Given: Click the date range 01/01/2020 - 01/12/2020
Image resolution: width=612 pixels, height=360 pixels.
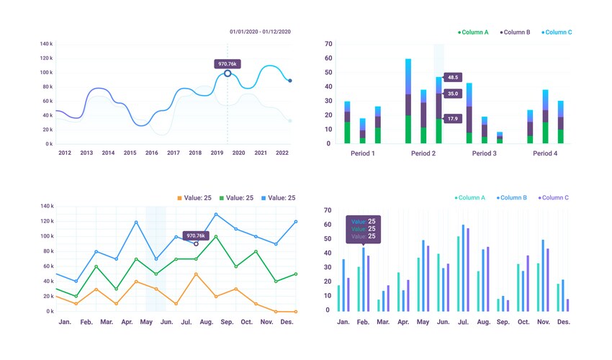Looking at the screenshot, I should coord(260,32).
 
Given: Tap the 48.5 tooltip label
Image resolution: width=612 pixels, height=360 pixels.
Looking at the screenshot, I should coord(453,77).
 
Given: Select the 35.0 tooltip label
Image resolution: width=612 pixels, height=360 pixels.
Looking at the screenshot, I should coord(453,94).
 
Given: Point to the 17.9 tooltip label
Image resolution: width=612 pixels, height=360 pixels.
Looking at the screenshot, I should coord(453,119).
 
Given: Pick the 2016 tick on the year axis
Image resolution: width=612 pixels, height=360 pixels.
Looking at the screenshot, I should coord(151,153).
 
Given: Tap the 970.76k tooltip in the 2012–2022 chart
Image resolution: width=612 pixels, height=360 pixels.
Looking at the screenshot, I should coord(228,64).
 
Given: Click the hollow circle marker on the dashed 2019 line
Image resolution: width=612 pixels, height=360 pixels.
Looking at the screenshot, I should coord(228,73).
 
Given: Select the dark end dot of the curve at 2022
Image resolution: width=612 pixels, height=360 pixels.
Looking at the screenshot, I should coord(290,81).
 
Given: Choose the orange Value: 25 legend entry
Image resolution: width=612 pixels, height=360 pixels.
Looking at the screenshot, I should coord(194,198).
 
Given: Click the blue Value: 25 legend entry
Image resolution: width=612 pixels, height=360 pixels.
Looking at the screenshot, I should coord(278,198).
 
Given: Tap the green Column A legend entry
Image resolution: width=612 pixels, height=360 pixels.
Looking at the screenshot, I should coord(473,32).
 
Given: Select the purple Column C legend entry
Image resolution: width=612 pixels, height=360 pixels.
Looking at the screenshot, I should coord(552,198).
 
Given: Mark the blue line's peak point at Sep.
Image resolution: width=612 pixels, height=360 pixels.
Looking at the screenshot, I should coord(215,215).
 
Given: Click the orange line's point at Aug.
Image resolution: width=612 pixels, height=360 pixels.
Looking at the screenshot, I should coord(196,274).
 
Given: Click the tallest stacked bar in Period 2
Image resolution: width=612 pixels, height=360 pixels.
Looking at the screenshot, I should coord(408,101).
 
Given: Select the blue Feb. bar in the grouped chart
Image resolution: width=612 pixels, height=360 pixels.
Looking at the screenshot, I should coord(364,280).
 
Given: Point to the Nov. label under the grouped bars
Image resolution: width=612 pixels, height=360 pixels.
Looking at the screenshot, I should coord(543,322).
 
